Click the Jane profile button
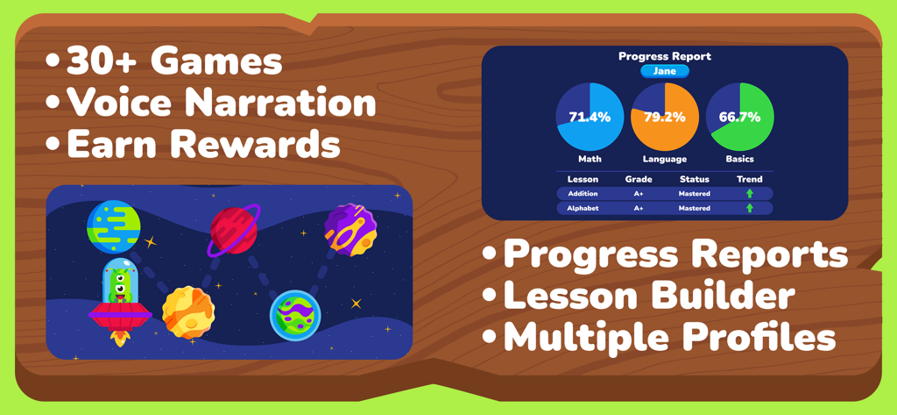[x=665, y=71]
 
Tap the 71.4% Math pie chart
[x=590, y=117]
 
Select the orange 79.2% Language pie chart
[x=664, y=117]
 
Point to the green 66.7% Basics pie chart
[x=739, y=117]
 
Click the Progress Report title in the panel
[x=665, y=56]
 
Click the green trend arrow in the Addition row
[x=750, y=193]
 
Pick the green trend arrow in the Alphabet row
[x=750, y=209]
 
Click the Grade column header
[x=639, y=179]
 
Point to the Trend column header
[x=750, y=179]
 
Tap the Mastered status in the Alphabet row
[x=694, y=209]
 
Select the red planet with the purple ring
[x=234, y=230]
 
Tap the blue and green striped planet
[x=113, y=226]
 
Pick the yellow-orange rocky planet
[x=188, y=312]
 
